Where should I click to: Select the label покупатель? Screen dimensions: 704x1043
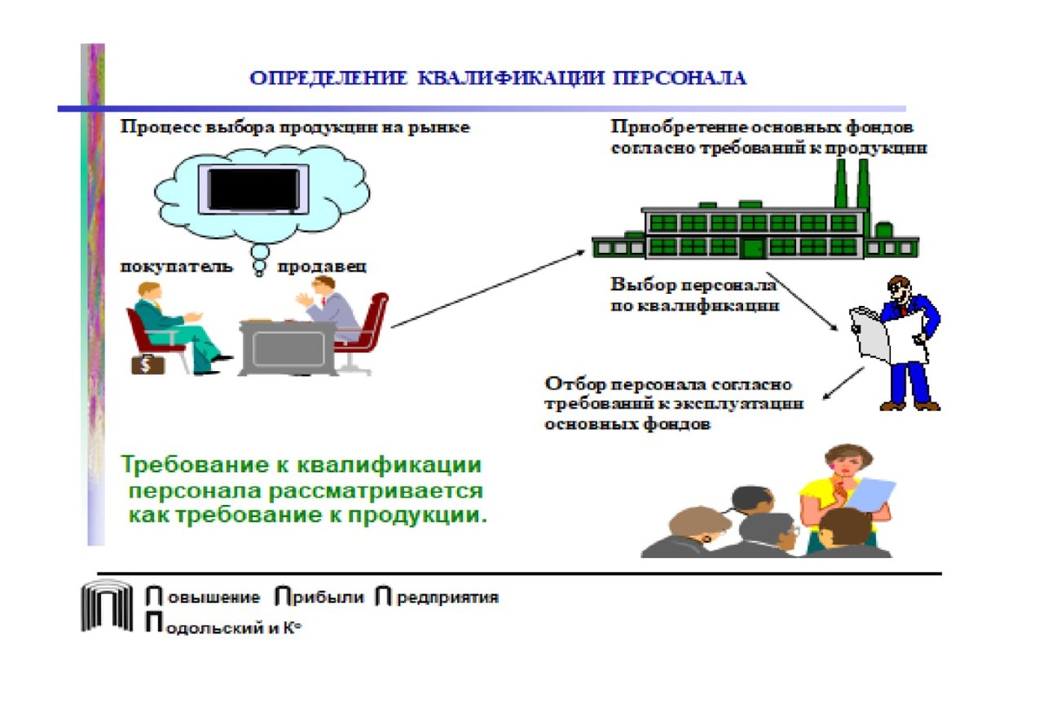point(176,266)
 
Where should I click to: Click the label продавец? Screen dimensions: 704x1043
point(322,266)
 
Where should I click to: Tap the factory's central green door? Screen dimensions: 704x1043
point(753,248)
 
